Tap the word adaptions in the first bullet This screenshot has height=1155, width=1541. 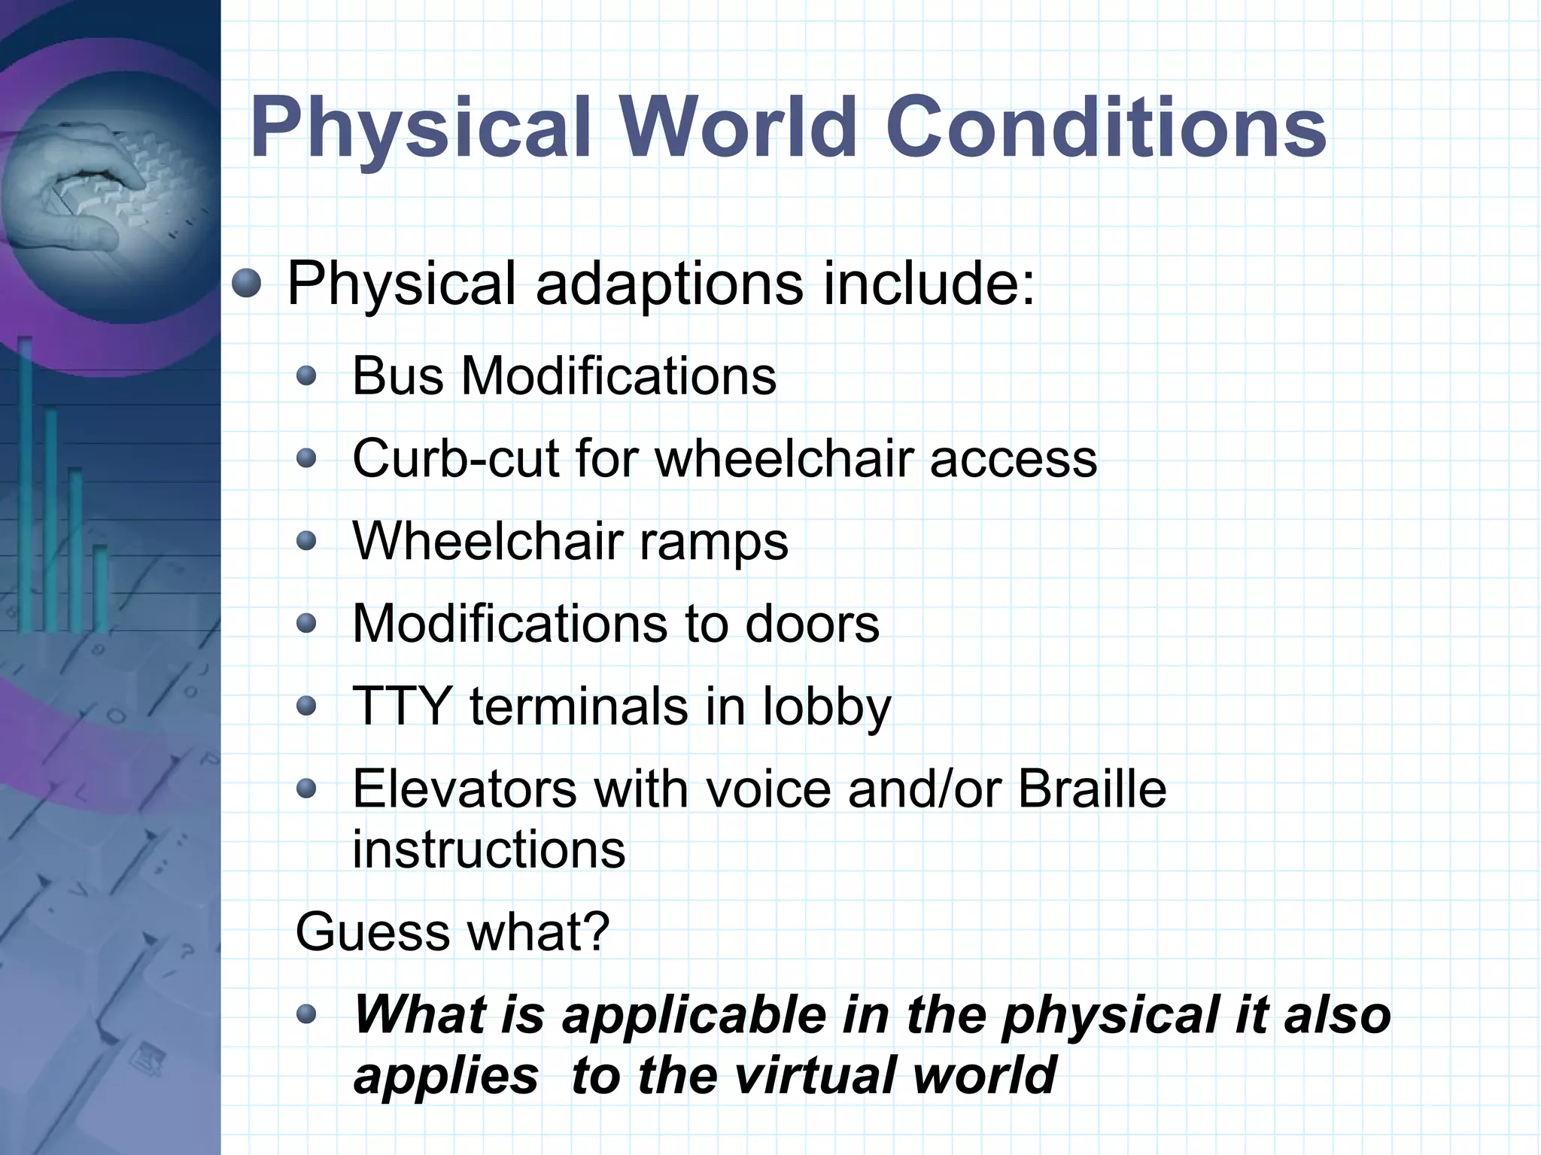(669, 284)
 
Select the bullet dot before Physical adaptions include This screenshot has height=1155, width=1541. (246, 284)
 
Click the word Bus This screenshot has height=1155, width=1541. (397, 375)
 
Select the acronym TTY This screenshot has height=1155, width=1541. (401, 707)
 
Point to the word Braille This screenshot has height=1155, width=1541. (1092, 789)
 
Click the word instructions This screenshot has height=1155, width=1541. (488, 850)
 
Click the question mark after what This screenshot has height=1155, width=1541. (596, 932)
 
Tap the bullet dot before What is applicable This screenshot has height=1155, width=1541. (305, 1014)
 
